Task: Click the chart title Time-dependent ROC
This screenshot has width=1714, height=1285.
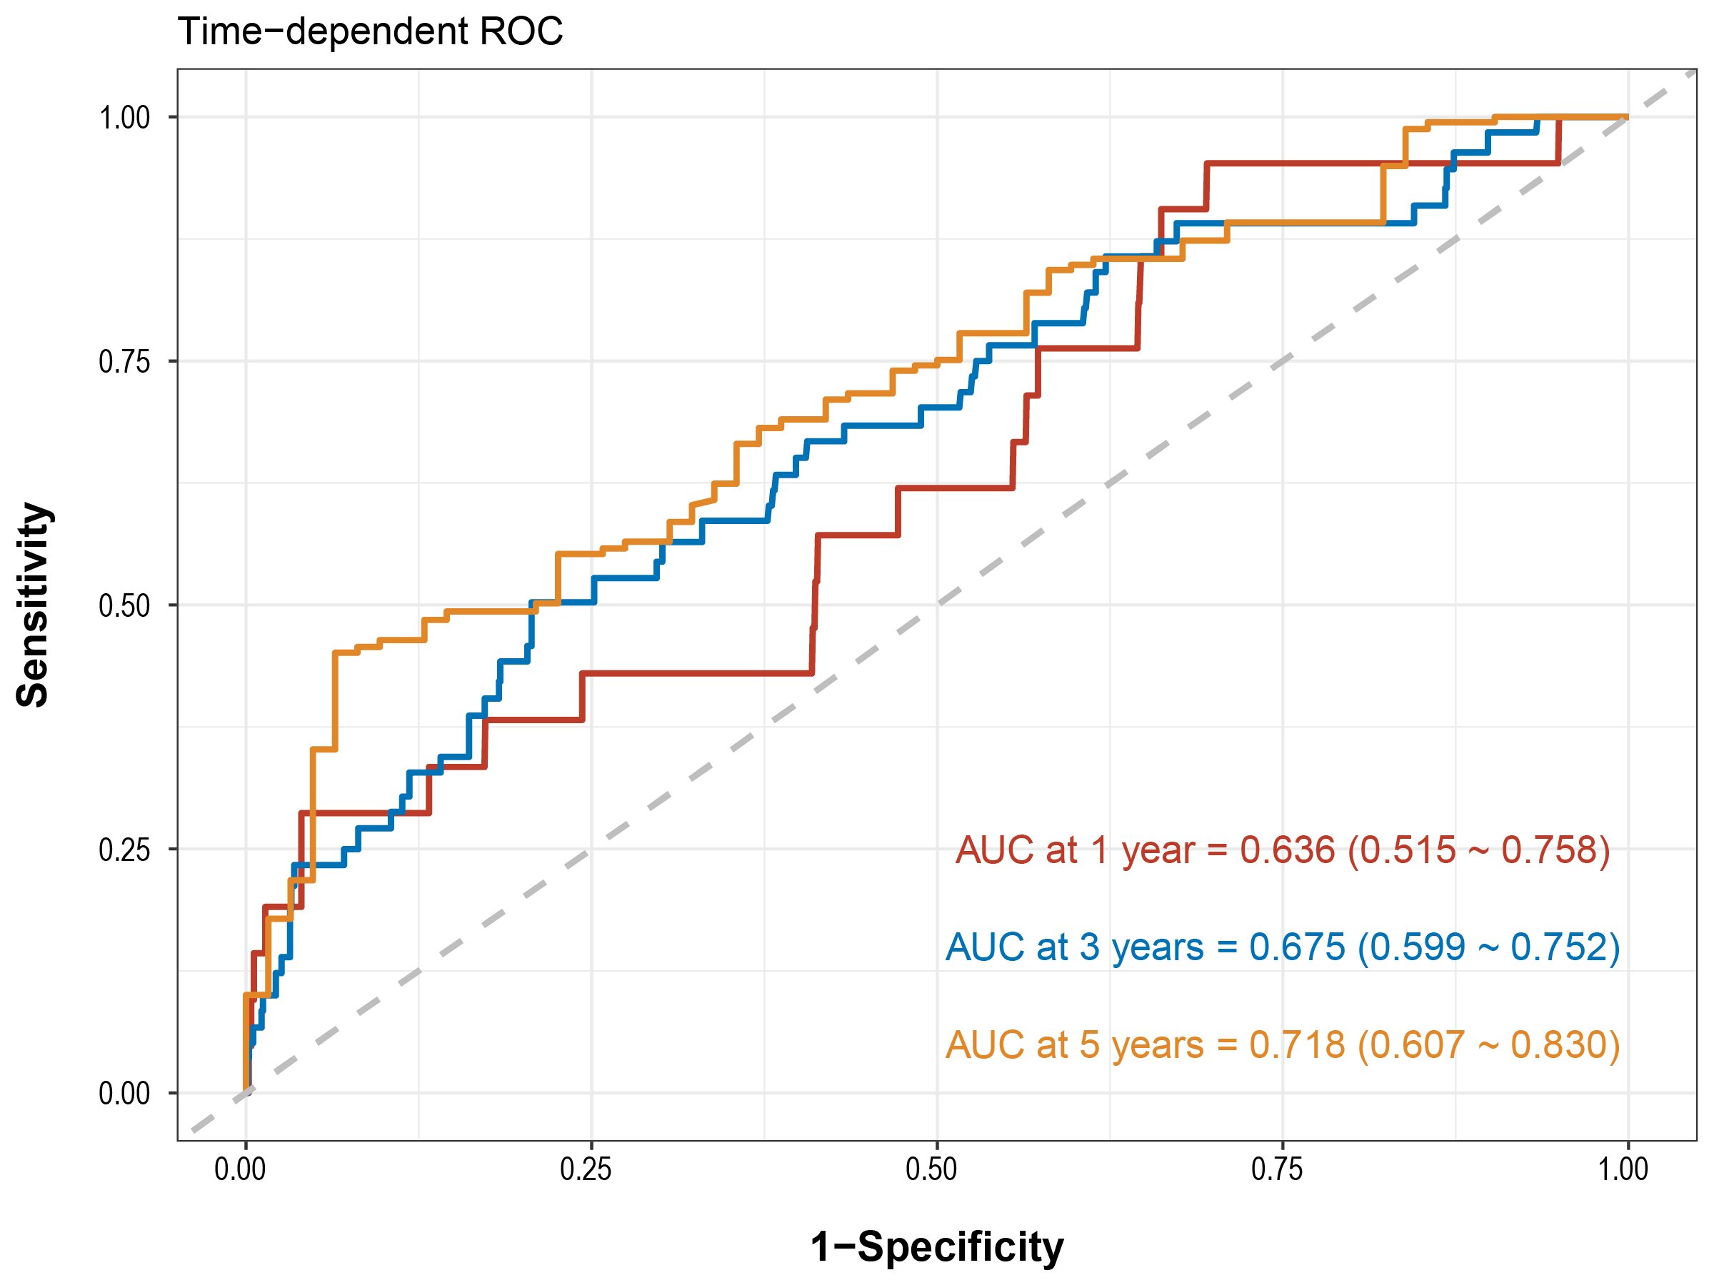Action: [x=370, y=31]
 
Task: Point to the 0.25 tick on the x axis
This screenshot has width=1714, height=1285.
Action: [x=586, y=1169]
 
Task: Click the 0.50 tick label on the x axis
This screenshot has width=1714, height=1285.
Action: [x=931, y=1169]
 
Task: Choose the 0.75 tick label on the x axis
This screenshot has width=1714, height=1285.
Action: [x=1277, y=1169]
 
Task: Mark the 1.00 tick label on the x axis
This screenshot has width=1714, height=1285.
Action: [x=1623, y=1169]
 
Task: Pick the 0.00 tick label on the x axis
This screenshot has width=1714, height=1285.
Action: [x=240, y=1169]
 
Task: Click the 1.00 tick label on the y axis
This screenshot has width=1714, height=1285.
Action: [x=124, y=118]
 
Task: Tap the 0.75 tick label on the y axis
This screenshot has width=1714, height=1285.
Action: [x=124, y=362]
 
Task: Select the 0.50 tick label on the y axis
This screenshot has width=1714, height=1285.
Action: [x=124, y=605]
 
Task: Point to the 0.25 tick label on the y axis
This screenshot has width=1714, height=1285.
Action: [x=124, y=850]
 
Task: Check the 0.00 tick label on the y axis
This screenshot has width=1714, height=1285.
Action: [x=124, y=1094]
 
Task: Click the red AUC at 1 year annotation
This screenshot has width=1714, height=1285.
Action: [x=1283, y=850]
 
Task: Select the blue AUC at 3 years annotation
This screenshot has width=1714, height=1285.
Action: [x=1283, y=947]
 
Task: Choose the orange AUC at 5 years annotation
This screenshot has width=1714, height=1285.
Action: [x=1283, y=1044]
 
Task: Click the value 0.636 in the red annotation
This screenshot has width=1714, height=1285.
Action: [x=1288, y=850]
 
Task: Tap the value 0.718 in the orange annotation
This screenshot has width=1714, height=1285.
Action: [x=1297, y=1044]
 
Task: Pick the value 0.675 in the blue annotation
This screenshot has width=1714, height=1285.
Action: [x=1297, y=947]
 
